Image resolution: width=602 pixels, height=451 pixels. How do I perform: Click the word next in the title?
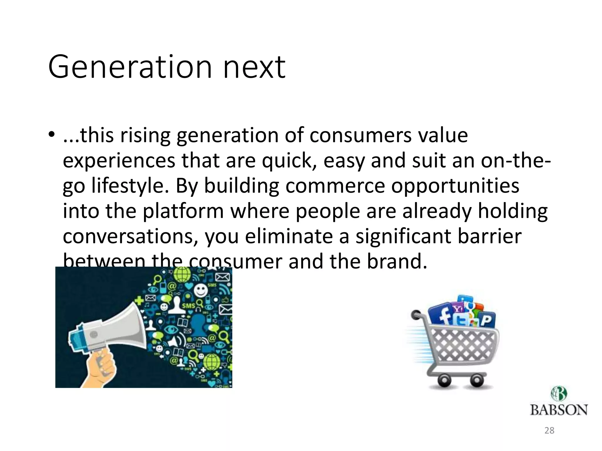(254, 68)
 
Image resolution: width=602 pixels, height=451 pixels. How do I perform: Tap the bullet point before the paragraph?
(52, 135)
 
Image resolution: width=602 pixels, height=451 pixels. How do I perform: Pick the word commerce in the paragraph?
(335, 186)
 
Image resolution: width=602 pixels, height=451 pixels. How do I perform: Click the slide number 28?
(549, 430)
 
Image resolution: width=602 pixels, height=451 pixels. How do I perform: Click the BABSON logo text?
(558, 410)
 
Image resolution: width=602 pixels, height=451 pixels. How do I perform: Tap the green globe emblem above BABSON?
(558, 393)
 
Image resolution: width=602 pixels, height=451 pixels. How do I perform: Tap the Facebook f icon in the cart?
(441, 316)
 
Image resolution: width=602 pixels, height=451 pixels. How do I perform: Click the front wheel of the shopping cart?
(476, 381)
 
